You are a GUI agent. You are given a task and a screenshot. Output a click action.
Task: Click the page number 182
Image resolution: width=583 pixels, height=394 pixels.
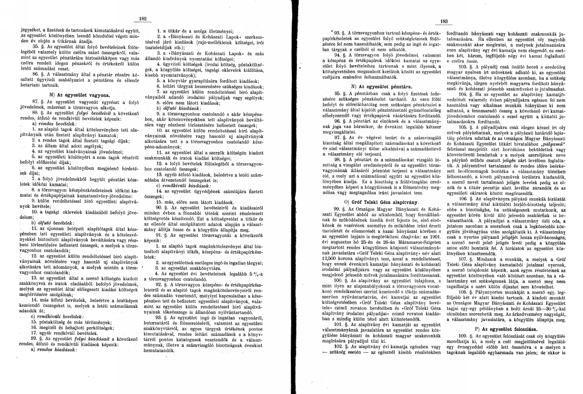144,18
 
